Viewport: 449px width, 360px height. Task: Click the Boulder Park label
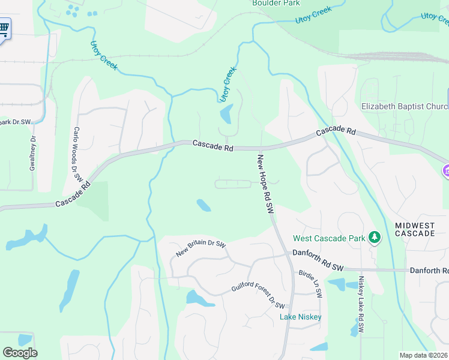[x=276, y=3]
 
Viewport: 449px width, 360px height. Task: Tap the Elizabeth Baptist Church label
[x=404, y=107]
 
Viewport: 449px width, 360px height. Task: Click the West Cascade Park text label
[x=328, y=238]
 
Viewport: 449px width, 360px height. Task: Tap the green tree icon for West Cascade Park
[x=375, y=238]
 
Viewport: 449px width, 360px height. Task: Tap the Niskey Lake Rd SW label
[x=361, y=305]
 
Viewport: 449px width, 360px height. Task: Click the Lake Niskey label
[x=301, y=317]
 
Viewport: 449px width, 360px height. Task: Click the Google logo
[x=20, y=353]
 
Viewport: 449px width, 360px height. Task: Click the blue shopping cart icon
[x=4, y=28]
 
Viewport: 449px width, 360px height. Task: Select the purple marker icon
[x=446, y=171]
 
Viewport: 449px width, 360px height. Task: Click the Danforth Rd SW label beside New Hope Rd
[x=318, y=253]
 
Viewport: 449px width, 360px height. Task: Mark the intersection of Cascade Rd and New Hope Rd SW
[x=260, y=148]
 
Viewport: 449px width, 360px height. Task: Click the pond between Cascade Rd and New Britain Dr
[x=203, y=205]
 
